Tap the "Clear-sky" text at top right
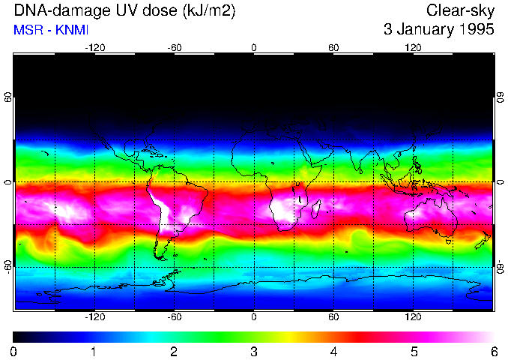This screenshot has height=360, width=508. (x=460, y=10)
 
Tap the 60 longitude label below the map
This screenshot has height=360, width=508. (x=334, y=317)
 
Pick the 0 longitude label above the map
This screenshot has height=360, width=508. (x=254, y=47)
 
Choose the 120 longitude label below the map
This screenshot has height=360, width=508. (x=414, y=317)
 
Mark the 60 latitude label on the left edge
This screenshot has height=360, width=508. (x=7, y=98)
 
